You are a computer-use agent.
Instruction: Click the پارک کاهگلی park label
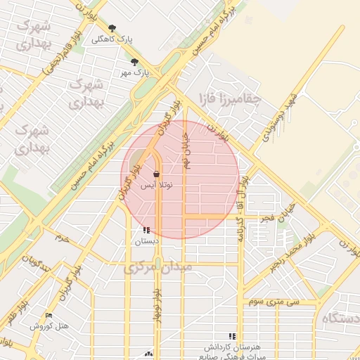pyautogui.click(x=111, y=39)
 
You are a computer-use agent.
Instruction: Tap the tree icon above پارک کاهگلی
pyautogui.click(x=112, y=29)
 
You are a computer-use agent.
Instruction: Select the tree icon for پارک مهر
pyautogui.click(x=134, y=62)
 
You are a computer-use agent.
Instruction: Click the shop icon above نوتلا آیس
pyautogui.click(x=155, y=174)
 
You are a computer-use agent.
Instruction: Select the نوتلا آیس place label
pyautogui.click(x=155, y=185)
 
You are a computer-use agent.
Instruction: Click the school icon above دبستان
pyautogui.click(x=146, y=230)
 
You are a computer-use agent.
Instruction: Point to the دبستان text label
pyautogui.click(x=146, y=241)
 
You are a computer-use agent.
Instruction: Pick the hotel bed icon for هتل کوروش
pyautogui.click(x=49, y=316)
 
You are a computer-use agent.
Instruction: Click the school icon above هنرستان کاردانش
pyautogui.click(x=232, y=336)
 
